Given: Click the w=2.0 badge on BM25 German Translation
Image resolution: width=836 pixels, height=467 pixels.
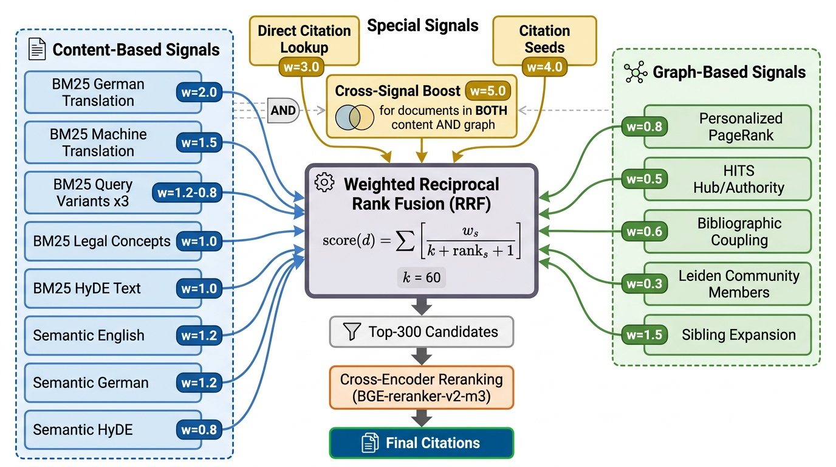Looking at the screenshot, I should point(199,94).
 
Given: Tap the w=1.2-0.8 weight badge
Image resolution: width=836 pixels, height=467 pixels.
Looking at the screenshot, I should point(187,193).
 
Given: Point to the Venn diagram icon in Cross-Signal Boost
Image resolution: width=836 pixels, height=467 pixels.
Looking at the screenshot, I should point(354,118).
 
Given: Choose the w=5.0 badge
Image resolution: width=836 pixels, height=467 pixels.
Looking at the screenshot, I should point(488,91).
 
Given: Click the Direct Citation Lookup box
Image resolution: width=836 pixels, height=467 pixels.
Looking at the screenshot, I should point(304,39).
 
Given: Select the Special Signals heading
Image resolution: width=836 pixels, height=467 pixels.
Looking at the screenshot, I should point(423,26).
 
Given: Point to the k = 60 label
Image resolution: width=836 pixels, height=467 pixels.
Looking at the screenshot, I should point(422,278).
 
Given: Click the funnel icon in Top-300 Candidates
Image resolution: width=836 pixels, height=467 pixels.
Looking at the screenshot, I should point(352,332).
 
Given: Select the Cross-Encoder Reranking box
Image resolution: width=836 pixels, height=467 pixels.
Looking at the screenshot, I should point(422,387).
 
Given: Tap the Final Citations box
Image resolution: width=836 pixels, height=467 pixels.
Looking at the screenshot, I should point(422,443).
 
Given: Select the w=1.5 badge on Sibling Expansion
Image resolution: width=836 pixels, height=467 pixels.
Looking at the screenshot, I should point(644,335).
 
